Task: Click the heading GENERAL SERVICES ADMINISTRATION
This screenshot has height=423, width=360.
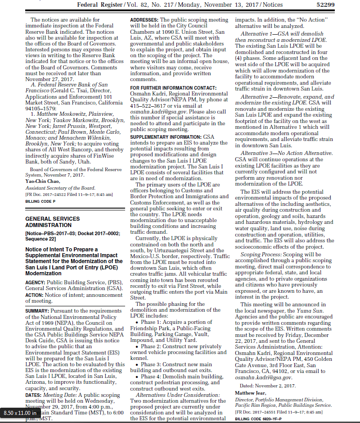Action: pos(53,222)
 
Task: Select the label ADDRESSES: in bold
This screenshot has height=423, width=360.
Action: pos(144,21)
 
